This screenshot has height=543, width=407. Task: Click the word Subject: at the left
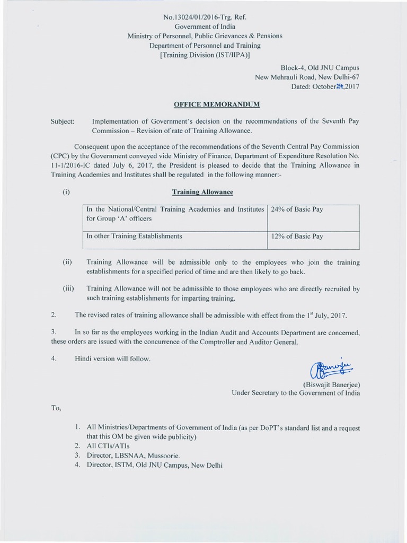[63, 121]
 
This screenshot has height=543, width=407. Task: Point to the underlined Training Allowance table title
[202, 192]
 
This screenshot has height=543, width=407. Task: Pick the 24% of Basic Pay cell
[296, 209]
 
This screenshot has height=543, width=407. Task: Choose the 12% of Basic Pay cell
[297, 237]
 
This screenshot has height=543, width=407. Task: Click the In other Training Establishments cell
[134, 237]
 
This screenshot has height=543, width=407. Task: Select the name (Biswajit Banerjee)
[331, 384]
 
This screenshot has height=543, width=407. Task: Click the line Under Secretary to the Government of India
[295, 393]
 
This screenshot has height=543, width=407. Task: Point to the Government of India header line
[205, 27]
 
